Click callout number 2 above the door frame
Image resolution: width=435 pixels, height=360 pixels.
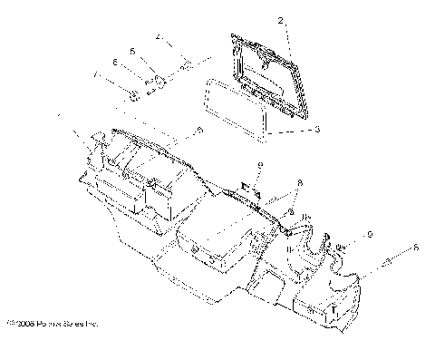click(x=280, y=21)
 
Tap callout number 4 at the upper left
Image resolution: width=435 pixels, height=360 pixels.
click(x=157, y=38)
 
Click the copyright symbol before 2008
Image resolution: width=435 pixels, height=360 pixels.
click(x=10, y=322)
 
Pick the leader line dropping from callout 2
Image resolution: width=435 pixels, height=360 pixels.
click(x=287, y=36)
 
